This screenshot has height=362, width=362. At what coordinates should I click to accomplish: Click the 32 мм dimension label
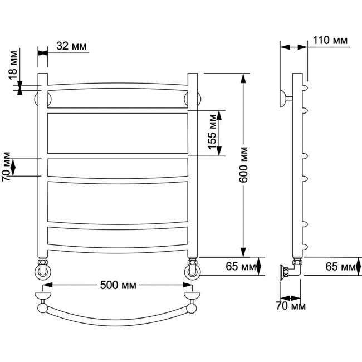click(x=71, y=46)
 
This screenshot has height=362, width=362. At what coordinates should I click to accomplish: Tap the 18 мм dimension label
click(x=13, y=65)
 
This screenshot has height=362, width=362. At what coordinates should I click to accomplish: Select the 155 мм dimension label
click(x=212, y=132)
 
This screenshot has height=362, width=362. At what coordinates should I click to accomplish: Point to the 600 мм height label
click(x=243, y=165)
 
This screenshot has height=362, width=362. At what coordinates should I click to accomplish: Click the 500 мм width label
click(x=118, y=285)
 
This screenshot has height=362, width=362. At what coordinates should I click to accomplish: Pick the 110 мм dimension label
click(x=330, y=40)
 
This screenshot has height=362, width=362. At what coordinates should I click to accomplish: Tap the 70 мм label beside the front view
click(x=6, y=166)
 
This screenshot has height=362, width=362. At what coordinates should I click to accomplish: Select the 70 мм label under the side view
click(x=290, y=306)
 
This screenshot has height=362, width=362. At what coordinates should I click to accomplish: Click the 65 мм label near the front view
click(x=241, y=266)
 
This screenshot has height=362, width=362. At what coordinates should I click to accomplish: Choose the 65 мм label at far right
click(x=340, y=267)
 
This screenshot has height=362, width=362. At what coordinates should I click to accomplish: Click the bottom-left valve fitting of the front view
click(x=43, y=268)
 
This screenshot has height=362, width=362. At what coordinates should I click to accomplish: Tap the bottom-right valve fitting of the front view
click(x=192, y=268)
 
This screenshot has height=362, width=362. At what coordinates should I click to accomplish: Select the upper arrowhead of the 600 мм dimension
click(x=243, y=79)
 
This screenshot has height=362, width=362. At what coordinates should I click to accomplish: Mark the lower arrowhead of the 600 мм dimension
click(x=243, y=252)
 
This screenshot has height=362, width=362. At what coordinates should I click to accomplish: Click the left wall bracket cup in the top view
click(x=43, y=296)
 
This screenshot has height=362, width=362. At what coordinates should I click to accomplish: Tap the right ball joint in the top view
click(x=192, y=308)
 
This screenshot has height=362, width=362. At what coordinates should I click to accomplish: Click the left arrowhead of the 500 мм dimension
click(x=48, y=285)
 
